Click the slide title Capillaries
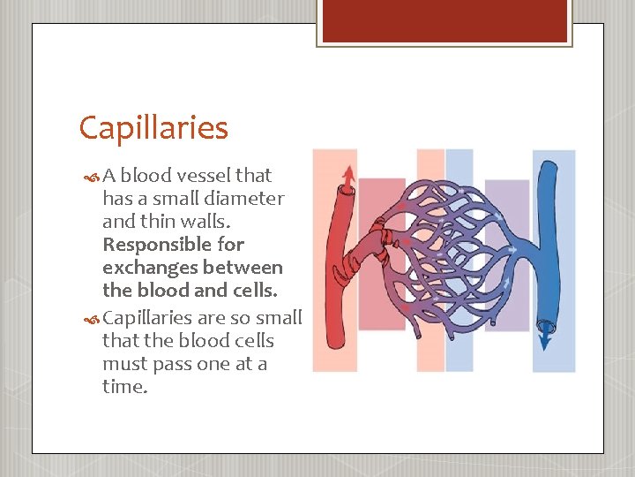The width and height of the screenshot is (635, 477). pyautogui.click(x=153, y=129)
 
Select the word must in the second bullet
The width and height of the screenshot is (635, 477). pyautogui.click(x=123, y=364)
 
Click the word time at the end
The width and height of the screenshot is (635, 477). pyautogui.click(x=123, y=387)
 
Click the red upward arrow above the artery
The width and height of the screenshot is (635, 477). pyautogui.click(x=349, y=175)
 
